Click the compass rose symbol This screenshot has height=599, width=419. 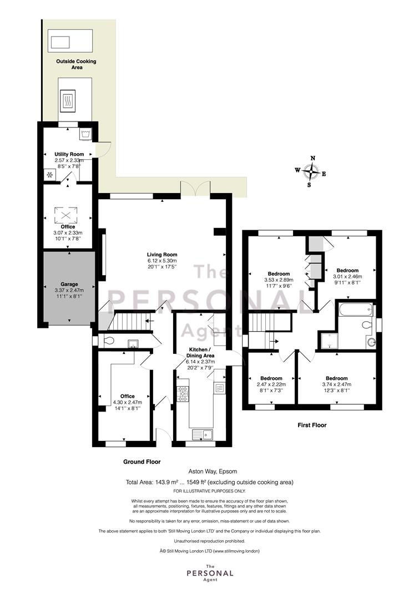tap(312, 171)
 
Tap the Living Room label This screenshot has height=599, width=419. tap(162, 255)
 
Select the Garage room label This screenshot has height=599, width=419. tap(69, 284)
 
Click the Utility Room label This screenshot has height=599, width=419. tap(69, 154)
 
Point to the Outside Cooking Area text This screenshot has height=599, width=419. tap(77, 64)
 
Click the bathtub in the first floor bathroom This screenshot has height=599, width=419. tap(355, 309)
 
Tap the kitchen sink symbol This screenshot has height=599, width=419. tap(203, 434)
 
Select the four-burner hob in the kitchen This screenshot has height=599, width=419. tap(183, 394)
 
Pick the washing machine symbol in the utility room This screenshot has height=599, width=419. tap(85, 134)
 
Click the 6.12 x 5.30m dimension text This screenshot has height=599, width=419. tap(162, 261)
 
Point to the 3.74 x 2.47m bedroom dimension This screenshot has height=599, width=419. tap(337, 384)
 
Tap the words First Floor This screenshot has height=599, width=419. tap(312, 425)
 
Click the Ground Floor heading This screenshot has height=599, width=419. tap(142, 461)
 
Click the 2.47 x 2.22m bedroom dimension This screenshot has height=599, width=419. tap(271, 384)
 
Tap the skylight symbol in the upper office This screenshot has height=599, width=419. tap(65, 215)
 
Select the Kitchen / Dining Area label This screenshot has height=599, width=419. tap(200, 353)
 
